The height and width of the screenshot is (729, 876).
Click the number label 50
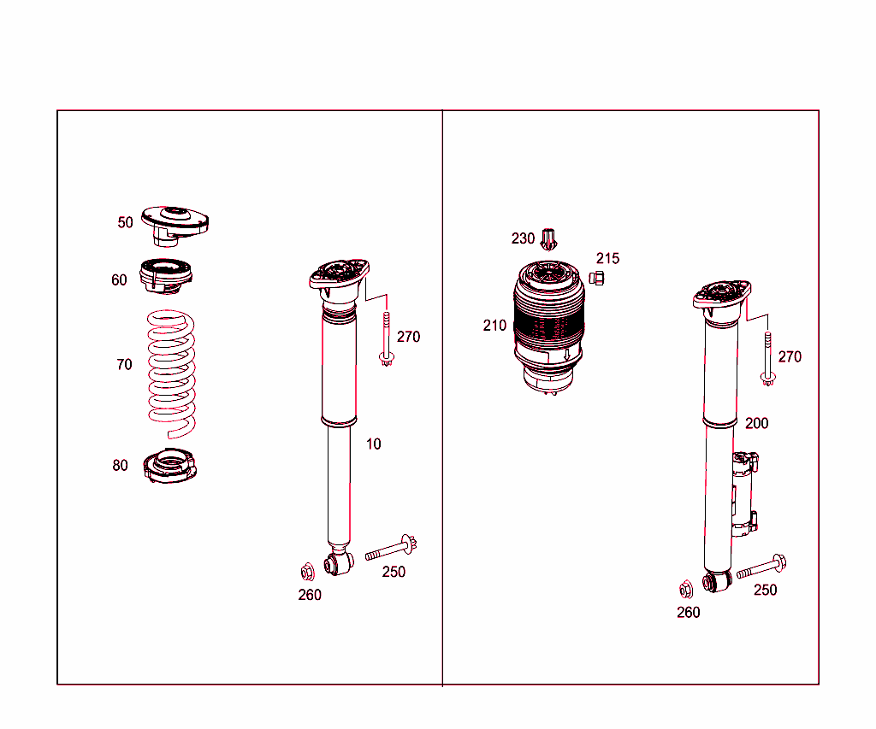(x=126, y=222)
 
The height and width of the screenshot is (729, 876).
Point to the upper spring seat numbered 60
(x=166, y=274)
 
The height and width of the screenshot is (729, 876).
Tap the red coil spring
(x=170, y=367)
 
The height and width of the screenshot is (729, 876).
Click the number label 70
(x=124, y=365)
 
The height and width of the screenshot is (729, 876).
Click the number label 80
(x=120, y=466)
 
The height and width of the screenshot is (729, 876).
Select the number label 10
(x=374, y=444)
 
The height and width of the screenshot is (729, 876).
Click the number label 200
(x=757, y=423)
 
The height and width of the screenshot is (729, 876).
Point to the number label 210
(x=494, y=326)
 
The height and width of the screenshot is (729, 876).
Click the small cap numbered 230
(x=550, y=238)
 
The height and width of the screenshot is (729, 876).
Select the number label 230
(x=523, y=238)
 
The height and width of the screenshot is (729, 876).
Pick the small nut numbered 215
(x=598, y=278)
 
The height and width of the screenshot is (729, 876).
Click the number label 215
(x=608, y=258)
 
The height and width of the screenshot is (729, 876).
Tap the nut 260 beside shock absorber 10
(x=307, y=570)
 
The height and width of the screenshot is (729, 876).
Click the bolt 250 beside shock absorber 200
(x=761, y=567)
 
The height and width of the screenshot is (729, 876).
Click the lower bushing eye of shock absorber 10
(x=338, y=563)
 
